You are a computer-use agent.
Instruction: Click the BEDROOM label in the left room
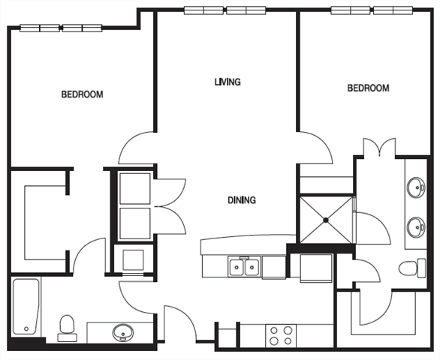click(82, 94)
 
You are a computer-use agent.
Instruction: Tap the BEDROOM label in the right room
click(368, 88)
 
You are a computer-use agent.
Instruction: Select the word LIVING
click(228, 82)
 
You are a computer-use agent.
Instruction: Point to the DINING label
click(243, 200)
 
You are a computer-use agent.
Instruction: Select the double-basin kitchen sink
click(245, 266)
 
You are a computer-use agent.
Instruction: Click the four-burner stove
click(280, 335)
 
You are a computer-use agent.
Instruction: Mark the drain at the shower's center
click(327, 220)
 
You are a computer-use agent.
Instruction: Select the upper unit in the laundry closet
click(136, 187)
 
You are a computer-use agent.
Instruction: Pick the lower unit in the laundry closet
click(136, 223)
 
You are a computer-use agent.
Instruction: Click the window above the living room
click(226, 11)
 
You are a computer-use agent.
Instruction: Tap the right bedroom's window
click(373, 11)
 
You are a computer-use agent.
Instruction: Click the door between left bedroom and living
click(137, 147)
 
